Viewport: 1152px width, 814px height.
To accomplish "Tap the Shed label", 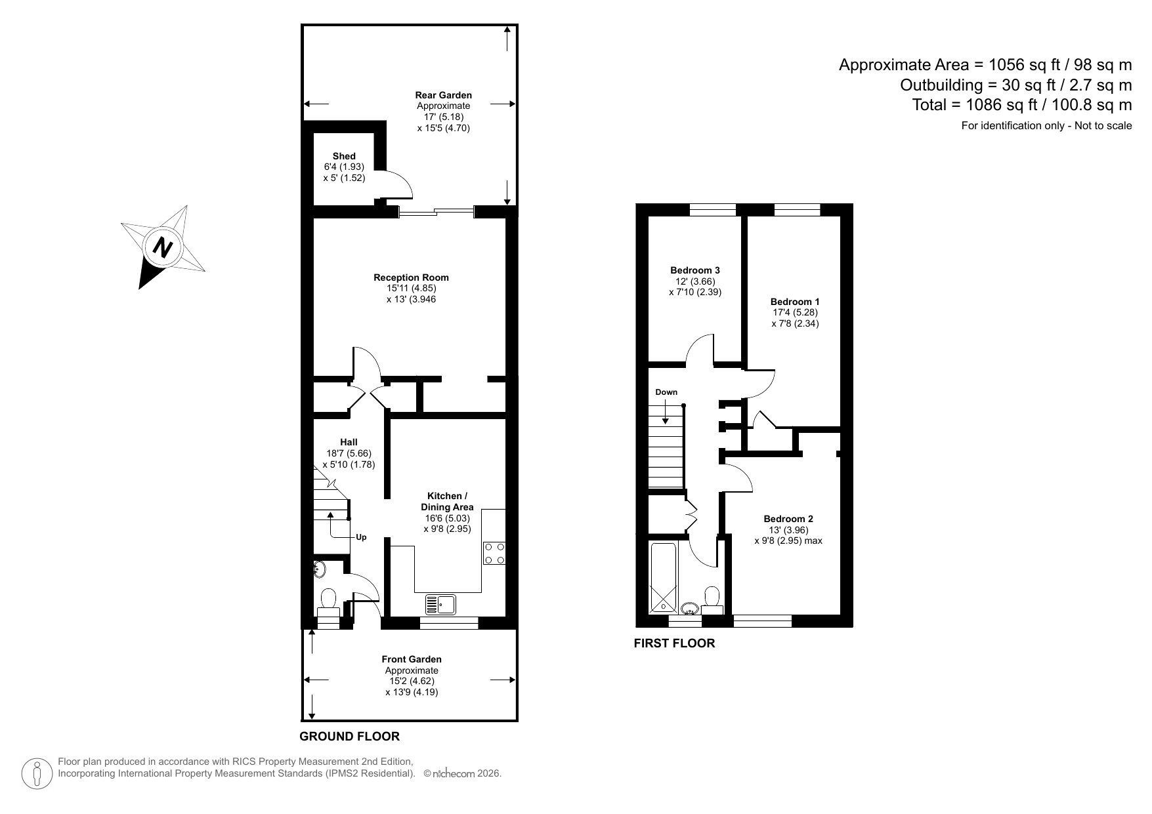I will pos(344,156).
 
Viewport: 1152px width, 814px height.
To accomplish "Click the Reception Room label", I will pos(411,277).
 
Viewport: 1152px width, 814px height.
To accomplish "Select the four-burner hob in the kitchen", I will pos(494,553).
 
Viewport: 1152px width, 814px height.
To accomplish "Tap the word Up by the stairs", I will pos(361,537).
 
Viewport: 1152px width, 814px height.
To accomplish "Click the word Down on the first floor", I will pos(666,392).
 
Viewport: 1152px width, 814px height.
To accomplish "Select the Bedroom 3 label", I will pos(694,270).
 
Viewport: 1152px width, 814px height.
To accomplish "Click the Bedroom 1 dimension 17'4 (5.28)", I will pos(795,313).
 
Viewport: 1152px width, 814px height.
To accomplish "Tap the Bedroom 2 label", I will pos(788,519).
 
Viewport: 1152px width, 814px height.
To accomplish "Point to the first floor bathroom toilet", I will pos(712,598).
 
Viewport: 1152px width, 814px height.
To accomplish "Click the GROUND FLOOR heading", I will pos(349,737).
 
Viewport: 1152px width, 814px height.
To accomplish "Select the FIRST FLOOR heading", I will pos(674,643).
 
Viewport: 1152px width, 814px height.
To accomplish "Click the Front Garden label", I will pos(412,659).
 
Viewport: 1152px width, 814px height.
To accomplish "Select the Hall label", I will pos(349,442).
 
